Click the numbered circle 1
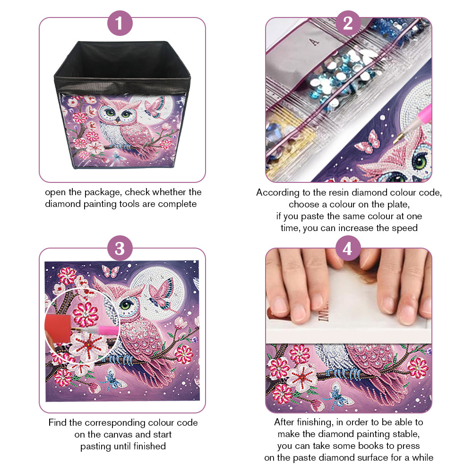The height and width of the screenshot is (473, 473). [120, 23]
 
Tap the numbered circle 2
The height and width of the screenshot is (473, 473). [348, 23]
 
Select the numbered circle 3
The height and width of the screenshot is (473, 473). [120, 248]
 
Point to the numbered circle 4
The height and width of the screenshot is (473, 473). [348, 248]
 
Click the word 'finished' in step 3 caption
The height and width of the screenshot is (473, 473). [149, 446]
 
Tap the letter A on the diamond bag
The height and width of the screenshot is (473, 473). [314, 42]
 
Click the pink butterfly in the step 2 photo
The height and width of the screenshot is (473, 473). [368, 141]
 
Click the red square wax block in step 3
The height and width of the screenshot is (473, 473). [58, 328]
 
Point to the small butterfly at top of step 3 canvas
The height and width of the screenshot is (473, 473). [111, 271]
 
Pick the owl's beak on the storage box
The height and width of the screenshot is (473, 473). [118, 120]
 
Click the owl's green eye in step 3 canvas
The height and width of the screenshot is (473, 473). [126, 304]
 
